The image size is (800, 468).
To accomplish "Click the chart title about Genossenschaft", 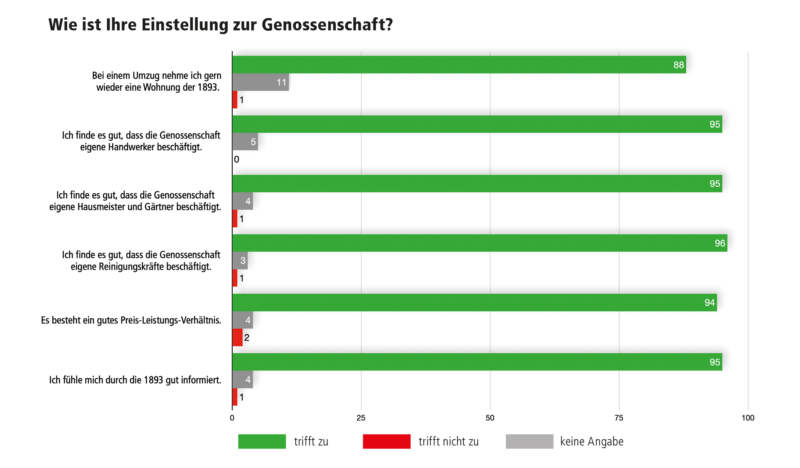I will [221, 25].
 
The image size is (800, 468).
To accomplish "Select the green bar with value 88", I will [459, 64].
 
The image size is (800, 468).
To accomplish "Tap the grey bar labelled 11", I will [260, 82].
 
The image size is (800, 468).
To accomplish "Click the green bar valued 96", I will [479, 243].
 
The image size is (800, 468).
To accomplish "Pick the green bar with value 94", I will [474, 302].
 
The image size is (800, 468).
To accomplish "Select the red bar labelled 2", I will [237, 337].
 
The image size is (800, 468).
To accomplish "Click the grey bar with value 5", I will [245, 142].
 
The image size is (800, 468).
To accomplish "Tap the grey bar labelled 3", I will [240, 261].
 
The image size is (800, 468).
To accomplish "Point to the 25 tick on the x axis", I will [361, 418].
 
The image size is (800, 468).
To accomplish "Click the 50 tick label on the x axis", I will [490, 418].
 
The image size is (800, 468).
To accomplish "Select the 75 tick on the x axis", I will [619, 418].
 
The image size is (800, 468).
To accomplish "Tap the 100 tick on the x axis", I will [747, 418].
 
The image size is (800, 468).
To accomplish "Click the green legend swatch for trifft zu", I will [262, 441].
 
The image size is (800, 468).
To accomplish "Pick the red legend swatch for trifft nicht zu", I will [386, 441].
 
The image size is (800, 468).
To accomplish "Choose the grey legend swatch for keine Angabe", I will [529, 441].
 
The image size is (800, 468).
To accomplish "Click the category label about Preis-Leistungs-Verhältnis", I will [131, 320].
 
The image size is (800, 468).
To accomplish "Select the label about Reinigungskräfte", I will [141, 261].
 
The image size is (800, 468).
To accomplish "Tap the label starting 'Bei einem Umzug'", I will [157, 81].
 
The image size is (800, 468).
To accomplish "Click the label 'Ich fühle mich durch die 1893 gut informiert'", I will [135, 380].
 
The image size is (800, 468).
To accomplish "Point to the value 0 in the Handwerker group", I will [236, 159].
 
